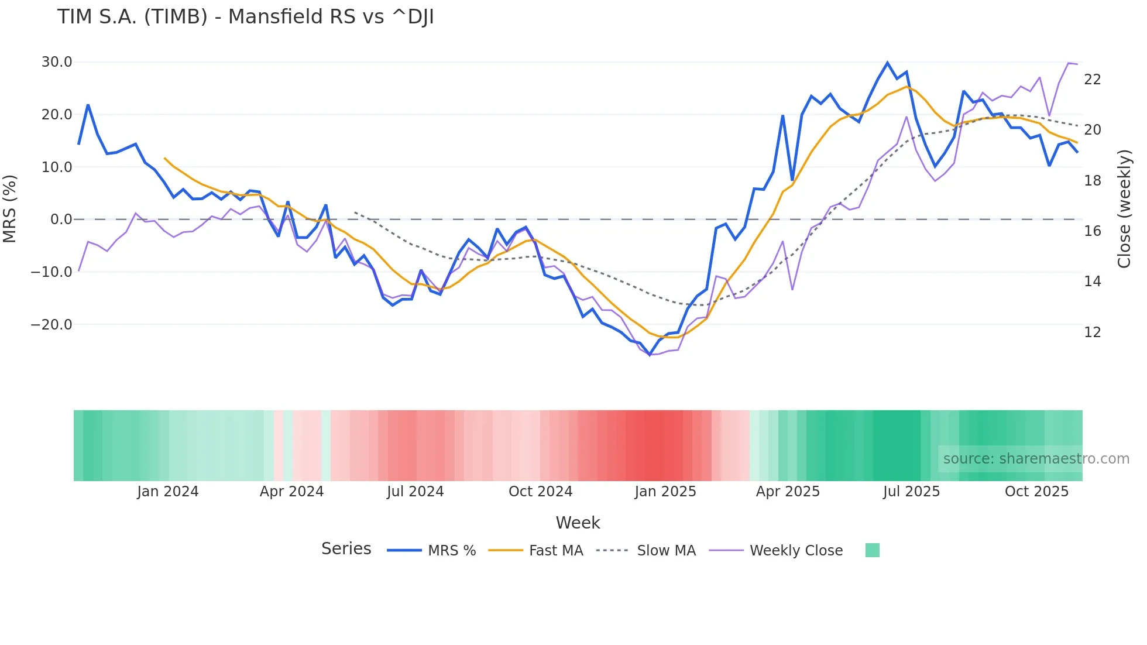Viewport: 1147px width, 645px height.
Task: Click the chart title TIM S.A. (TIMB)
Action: pos(245,17)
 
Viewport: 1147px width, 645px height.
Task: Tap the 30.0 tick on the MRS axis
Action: pos(57,62)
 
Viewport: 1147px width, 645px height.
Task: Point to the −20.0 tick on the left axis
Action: pos(51,324)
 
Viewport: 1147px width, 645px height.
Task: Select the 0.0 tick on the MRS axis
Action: pos(61,219)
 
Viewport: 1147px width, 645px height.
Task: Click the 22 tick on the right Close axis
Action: pos(1092,80)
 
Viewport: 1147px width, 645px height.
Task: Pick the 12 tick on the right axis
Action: pos(1092,332)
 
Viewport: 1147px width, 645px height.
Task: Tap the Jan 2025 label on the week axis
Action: pos(665,492)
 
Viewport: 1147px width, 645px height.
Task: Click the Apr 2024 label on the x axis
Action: pos(291,492)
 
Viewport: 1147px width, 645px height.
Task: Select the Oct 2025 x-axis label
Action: pos(1036,492)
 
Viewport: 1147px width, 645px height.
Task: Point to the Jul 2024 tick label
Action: pos(415,492)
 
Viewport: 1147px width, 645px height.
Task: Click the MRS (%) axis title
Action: pos(10,208)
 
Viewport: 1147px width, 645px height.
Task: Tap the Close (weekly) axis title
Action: pos(1124,209)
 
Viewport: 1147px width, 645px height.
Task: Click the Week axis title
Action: pos(578,523)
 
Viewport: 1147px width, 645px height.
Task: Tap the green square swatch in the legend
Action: pos(872,550)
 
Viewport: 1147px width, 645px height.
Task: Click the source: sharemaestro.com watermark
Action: pos(1036,459)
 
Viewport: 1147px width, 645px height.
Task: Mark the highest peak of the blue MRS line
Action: pos(887,63)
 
